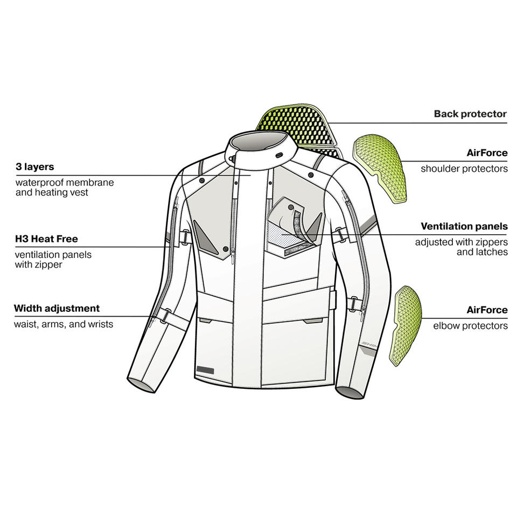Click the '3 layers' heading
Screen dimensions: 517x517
tap(34, 167)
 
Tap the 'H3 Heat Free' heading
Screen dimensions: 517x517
tap(46, 239)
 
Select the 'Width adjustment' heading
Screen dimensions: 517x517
tap(57, 308)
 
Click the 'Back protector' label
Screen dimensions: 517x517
tap(470, 114)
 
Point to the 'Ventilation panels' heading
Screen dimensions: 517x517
tap(464, 226)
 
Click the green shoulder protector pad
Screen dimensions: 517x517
tap(379, 166)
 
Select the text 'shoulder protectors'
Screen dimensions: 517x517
tap(464, 169)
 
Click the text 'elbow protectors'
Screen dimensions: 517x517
tap(470, 326)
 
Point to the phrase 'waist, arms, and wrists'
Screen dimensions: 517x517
tap(64, 324)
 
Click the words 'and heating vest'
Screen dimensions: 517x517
tap(52, 192)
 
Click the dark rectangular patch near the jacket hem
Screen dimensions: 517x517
tap(205, 369)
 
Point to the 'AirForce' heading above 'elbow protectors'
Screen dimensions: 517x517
tap(487, 310)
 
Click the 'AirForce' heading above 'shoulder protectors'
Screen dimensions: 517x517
tap(487, 153)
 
